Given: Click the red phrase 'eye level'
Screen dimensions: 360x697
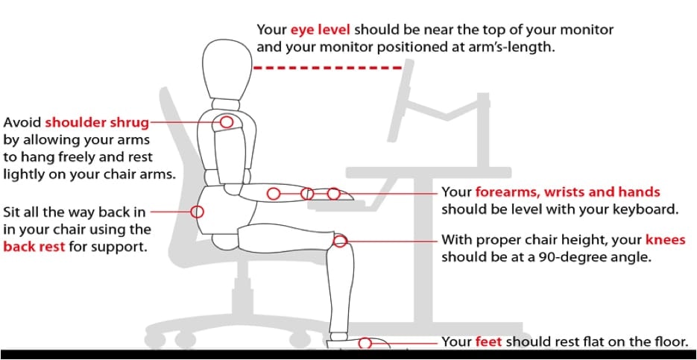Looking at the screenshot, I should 320,31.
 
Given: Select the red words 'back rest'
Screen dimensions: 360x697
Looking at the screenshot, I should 34,246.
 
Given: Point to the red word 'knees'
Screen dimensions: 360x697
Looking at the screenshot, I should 665,240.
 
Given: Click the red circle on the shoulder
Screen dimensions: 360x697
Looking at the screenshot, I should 226,121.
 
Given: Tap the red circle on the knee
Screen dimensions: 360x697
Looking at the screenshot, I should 340,241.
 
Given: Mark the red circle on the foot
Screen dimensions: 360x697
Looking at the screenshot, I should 365,343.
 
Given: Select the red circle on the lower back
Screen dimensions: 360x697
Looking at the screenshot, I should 197,212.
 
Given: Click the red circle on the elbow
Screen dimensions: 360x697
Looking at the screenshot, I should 274,194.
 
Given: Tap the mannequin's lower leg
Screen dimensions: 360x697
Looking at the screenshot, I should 341,291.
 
